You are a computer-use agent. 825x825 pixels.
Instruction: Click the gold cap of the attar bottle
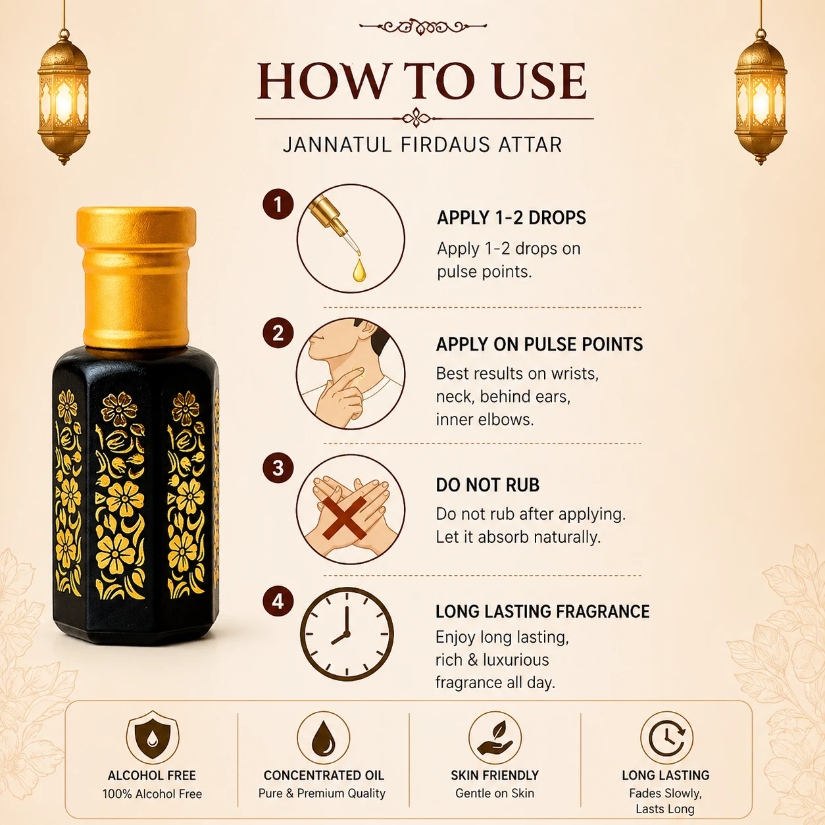136,276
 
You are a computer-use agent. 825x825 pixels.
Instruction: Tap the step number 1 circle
278,204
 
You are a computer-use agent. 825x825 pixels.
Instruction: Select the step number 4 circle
278,601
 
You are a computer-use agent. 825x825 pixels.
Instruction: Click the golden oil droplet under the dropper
359,270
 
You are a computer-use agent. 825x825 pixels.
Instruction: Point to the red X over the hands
344,518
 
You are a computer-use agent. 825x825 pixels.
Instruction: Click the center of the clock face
346,634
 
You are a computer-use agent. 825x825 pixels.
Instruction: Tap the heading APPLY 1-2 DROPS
511,218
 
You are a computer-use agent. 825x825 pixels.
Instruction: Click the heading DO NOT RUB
488,485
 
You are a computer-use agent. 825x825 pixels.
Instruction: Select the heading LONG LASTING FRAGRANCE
543,611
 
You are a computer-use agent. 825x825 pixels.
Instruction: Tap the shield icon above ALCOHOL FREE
153,737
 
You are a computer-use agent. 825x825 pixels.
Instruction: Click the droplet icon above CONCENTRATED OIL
324,737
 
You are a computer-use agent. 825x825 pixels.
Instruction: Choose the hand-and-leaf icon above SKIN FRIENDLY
495,737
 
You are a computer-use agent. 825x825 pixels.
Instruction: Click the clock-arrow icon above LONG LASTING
666,737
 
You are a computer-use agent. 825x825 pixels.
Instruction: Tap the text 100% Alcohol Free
152,794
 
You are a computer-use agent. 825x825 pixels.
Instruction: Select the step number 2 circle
278,333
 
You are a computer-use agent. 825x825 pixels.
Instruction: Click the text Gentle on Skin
495,793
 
